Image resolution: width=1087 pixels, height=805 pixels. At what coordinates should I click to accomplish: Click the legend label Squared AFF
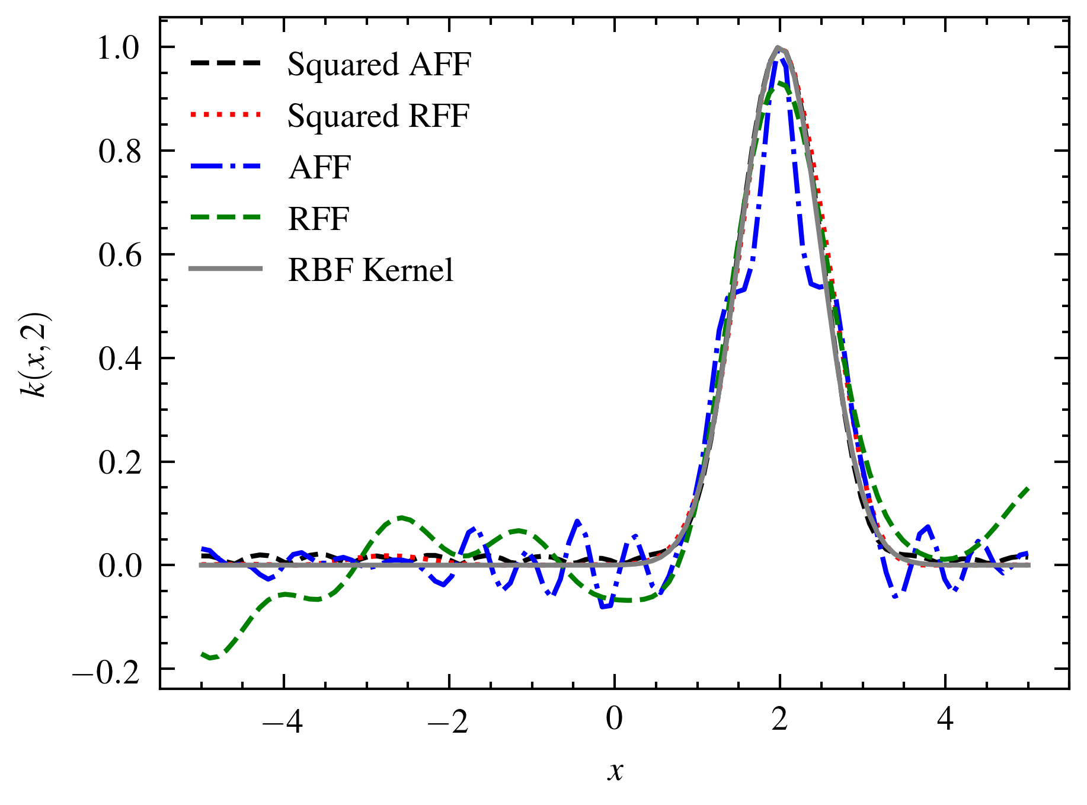point(379,64)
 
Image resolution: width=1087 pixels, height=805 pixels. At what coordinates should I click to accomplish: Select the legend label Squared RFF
point(378,116)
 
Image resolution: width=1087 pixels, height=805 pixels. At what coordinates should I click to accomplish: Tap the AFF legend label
point(319,167)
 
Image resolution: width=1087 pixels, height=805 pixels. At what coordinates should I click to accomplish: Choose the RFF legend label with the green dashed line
point(318,219)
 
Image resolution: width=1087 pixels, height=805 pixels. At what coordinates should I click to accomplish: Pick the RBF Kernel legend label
point(370,270)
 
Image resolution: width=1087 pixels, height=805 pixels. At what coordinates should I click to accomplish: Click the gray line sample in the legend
point(226,269)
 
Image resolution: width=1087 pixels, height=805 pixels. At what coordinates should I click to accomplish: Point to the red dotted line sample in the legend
point(226,114)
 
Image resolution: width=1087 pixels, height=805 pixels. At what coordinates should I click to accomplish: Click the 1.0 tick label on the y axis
point(119,48)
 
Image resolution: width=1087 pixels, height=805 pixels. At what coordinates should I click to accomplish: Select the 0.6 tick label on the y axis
point(119,255)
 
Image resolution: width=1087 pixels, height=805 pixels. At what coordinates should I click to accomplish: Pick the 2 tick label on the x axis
point(779,719)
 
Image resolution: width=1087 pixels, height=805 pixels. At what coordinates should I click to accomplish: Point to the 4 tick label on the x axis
point(945,719)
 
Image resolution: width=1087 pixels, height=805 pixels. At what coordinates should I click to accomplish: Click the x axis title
point(615,771)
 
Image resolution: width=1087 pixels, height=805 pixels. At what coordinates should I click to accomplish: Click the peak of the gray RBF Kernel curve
point(779,47)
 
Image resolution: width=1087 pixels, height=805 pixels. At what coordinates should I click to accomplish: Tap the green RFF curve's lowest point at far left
point(210,658)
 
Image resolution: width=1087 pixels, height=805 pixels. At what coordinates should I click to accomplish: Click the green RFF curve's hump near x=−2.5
point(402,517)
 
